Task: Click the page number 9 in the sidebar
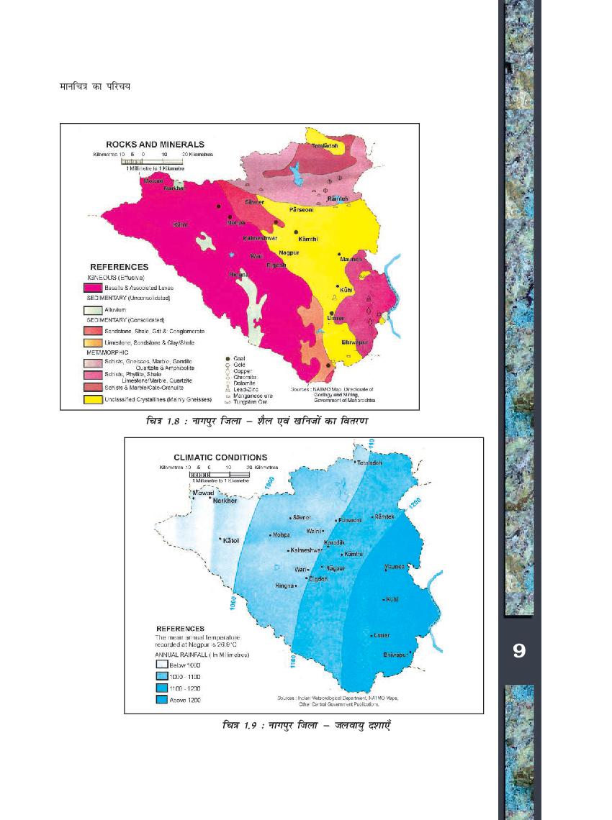point(518,651)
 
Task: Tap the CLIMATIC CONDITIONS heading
point(220,457)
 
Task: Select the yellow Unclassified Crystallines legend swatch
point(92,399)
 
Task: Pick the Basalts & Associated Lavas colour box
point(92,286)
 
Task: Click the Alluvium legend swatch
point(92,309)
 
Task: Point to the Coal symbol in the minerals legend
point(228,358)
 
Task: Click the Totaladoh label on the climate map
point(369,463)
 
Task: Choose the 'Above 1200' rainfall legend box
point(161,699)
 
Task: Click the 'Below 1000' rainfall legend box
point(161,666)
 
